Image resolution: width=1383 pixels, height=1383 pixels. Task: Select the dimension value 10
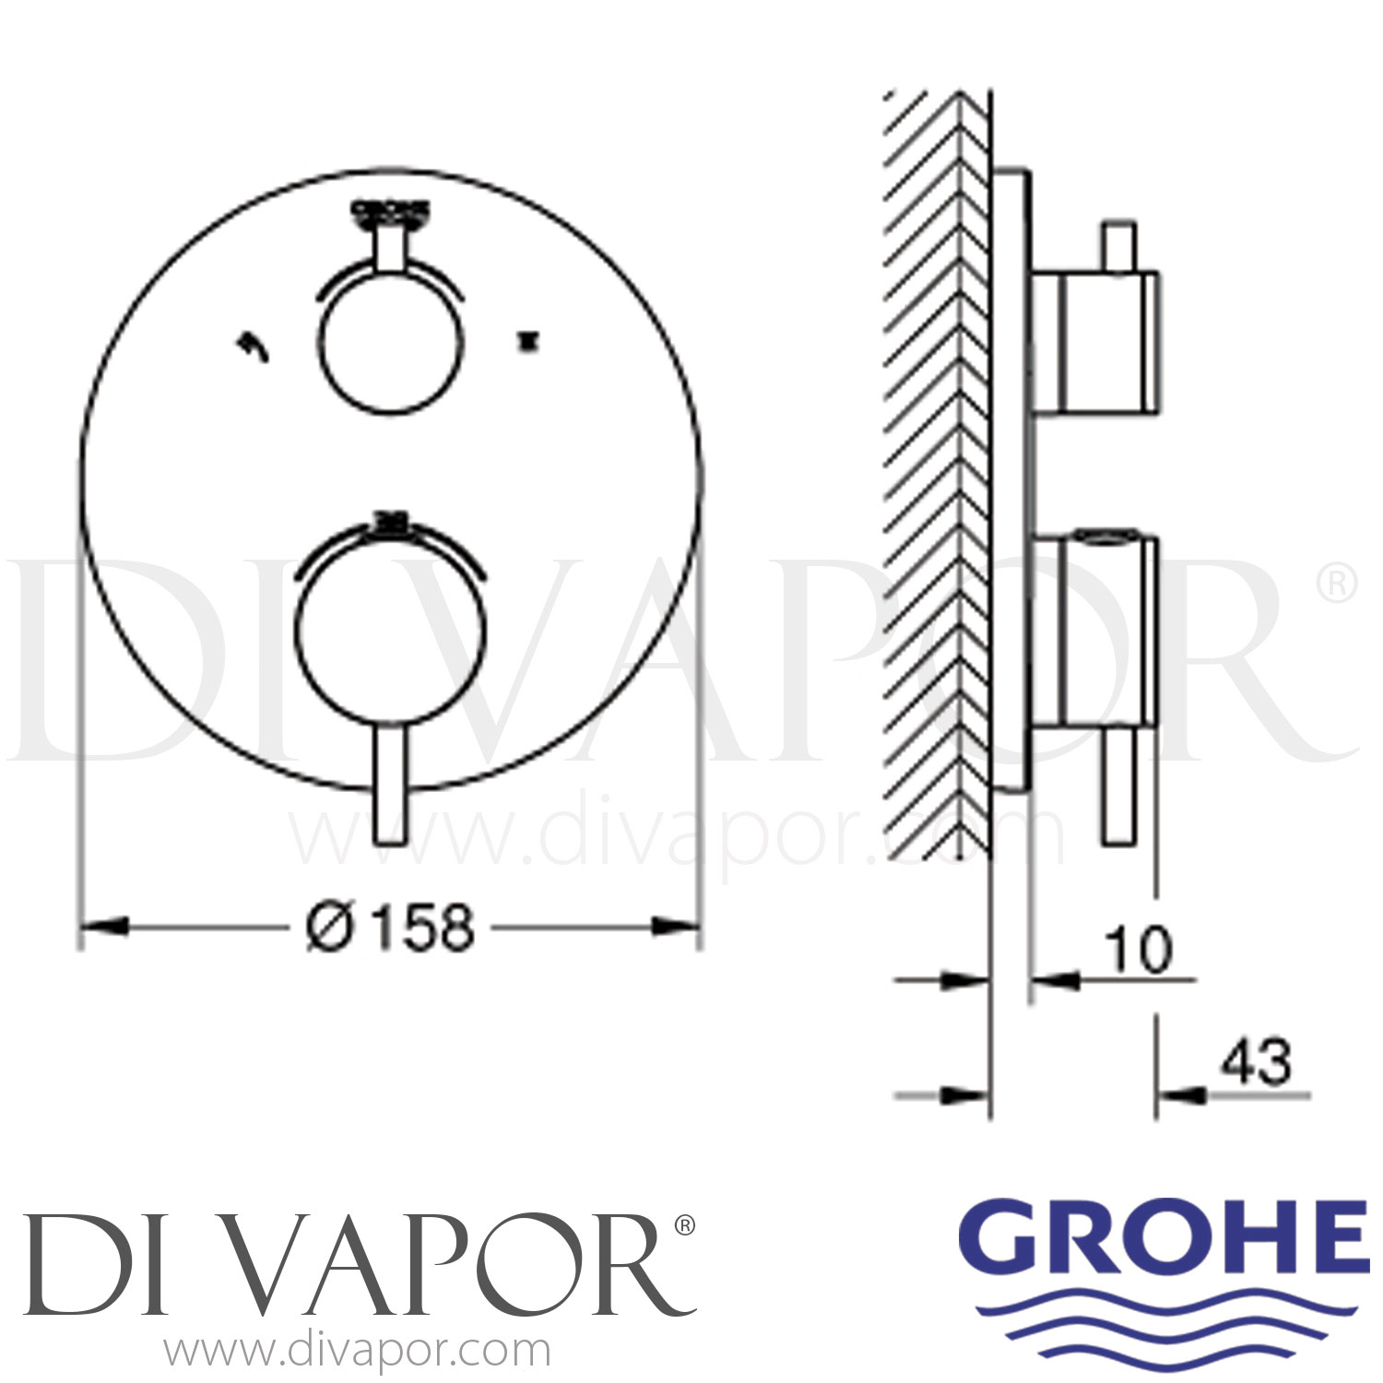pos(1140,950)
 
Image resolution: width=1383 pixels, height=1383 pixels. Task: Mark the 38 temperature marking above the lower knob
pos(391,523)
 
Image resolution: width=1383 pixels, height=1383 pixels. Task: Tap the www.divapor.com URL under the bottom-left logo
pos(357,1351)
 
